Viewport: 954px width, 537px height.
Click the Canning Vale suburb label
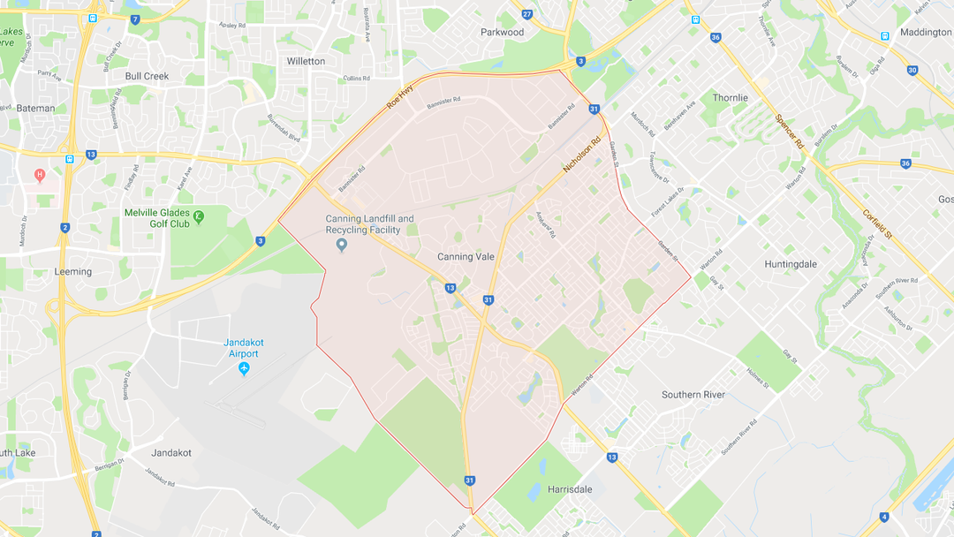click(x=466, y=257)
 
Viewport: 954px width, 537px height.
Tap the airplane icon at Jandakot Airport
click(x=245, y=367)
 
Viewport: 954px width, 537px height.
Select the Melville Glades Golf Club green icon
click(x=199, y=215)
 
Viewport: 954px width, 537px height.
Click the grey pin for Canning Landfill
click(x=342, y=245)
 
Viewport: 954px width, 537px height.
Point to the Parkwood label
click(x=502, y=32)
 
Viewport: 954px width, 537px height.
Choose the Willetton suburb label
click(x=306, y=61)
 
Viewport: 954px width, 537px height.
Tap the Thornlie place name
click(x=731, y=98)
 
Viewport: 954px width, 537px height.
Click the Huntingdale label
click(x=791, y=263)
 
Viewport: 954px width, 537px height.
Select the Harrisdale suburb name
click(x=570, y=488)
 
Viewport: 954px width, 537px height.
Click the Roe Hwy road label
click(x=400, y=96)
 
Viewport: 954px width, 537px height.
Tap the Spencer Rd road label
click(x=788, y=131)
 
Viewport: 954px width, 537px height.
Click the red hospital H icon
click(x=39, y=174)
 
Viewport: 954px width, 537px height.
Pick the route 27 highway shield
click(x=527, y=15)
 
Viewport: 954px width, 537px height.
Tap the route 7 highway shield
click(x=134, y=19)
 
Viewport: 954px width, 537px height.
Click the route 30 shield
click(x=912, y=70)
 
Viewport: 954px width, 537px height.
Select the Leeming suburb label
click(x=72, y=271)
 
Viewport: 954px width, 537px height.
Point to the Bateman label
click(x=36, y=108)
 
